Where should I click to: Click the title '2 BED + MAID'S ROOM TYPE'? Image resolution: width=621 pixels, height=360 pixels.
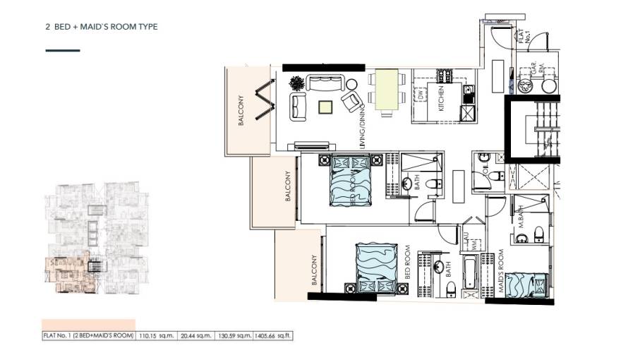click(x=101, y=27)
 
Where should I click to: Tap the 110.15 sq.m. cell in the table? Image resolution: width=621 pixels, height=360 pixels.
click(x=156, y=336)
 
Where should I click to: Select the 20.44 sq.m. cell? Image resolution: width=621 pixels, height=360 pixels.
click(x=196, y=336)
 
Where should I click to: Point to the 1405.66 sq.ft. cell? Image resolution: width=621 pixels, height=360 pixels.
click(x=275, y=336)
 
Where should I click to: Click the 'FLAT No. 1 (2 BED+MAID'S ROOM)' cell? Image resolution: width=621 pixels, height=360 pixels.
click(x=88, y=336)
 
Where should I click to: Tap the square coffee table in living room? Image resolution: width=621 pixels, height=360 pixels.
click(x=325, y=107)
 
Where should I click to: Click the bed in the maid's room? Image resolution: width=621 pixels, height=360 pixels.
click(x=526, y=284)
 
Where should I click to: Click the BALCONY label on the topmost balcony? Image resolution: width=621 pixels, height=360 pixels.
click(x=241, y=109)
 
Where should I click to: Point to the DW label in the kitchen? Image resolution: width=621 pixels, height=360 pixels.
click(x=420, y=94)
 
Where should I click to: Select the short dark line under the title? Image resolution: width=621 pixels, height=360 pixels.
click(x=62, y=51)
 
